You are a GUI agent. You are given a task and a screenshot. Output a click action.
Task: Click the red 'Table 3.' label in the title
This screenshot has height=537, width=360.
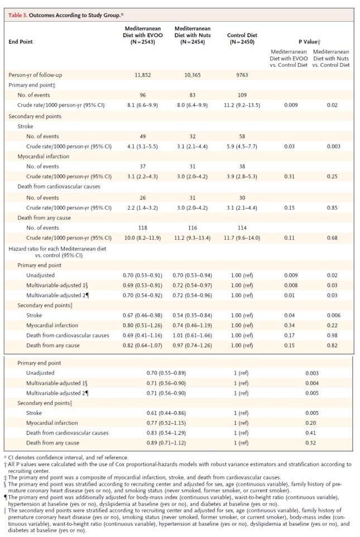(18, 16)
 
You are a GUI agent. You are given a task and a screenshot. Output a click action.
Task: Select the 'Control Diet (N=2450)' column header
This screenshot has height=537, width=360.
(242, 38)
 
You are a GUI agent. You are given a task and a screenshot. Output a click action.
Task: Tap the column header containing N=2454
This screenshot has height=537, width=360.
(193, 35)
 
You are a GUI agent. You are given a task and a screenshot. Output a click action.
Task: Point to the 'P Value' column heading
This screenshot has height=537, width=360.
(309, 42)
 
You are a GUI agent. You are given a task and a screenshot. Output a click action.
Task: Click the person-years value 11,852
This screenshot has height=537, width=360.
(143, 75)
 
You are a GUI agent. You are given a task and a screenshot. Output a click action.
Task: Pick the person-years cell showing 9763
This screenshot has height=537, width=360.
(242, 75)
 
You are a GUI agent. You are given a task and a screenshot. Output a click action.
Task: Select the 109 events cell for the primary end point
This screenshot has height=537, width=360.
(242, 95)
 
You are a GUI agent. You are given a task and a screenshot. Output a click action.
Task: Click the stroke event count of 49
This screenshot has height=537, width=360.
(143, 136)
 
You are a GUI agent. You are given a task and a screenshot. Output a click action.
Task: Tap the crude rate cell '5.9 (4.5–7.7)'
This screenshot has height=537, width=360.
(242, 146)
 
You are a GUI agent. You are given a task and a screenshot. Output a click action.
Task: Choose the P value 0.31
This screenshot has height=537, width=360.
(289, 176)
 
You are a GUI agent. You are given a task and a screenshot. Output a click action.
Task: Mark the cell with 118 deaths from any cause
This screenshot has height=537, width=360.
(143, 228)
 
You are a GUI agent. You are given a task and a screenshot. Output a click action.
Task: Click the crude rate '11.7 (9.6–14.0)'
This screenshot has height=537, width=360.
(242, 238)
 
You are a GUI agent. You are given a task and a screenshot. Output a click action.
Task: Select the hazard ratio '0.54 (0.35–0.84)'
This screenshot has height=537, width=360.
(193, 316)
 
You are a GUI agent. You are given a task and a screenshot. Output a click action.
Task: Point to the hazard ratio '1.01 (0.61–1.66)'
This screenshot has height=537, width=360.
(193, 335)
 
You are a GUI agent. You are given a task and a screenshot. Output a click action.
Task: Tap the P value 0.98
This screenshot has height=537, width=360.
(332, 335)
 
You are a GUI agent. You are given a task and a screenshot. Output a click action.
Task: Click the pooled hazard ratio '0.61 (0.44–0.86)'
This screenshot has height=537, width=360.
(166, 413)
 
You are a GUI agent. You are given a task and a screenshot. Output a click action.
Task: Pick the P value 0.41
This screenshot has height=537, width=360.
(311, 433)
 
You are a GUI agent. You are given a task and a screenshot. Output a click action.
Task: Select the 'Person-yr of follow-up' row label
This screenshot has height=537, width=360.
(35, 75)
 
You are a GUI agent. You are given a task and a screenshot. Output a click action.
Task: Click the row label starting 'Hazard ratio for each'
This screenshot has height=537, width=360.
(57, 251)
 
